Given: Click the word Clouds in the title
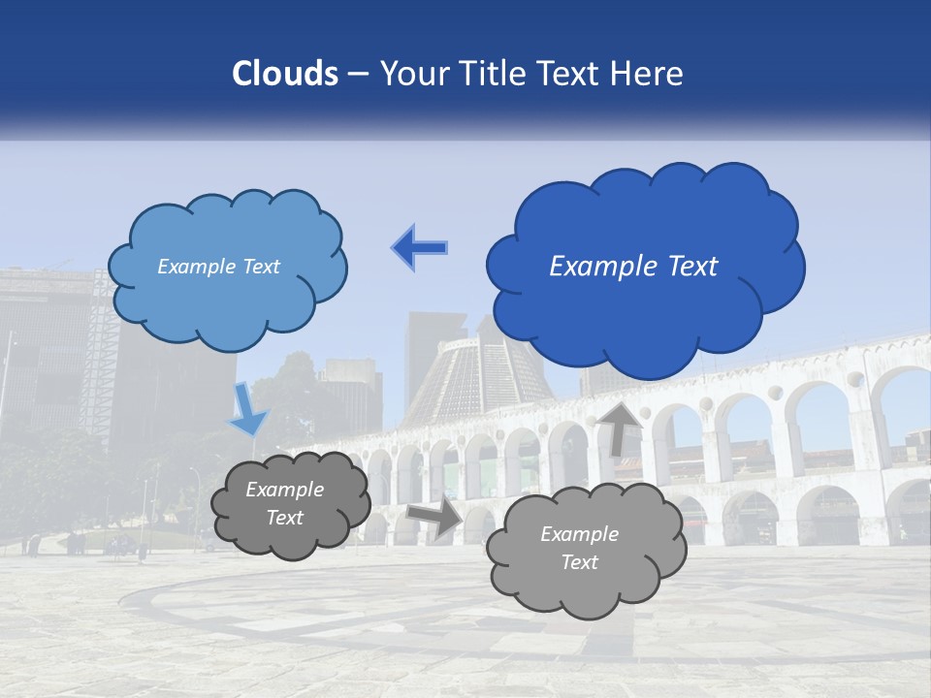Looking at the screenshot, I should (x=285, y=74).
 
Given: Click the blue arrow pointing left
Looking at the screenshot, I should (x=420, y=248).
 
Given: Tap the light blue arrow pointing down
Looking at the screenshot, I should (x=247, y=408).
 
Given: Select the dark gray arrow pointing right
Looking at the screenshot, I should (x=435, y=518).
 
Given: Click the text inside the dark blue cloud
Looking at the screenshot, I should (x=633, y=266).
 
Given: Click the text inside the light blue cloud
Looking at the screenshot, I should (x=218, y=267).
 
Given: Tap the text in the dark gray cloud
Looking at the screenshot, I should (x=284, y=504).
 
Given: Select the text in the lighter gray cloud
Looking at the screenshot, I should (x=579, y=548).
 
